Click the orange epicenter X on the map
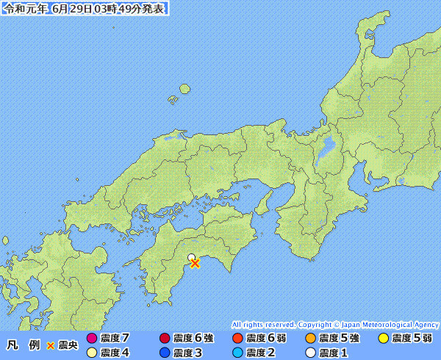click(195, 263)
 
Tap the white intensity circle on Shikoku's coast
click(191, 258)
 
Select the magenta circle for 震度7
click(92, 339)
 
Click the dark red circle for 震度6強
click(165, 339)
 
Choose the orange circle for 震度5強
click(310, 339)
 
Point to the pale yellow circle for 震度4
click(92, 353)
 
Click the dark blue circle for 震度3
click(165, 353)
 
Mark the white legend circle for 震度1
click(310, 353)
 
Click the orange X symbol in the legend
click(50, 345)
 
